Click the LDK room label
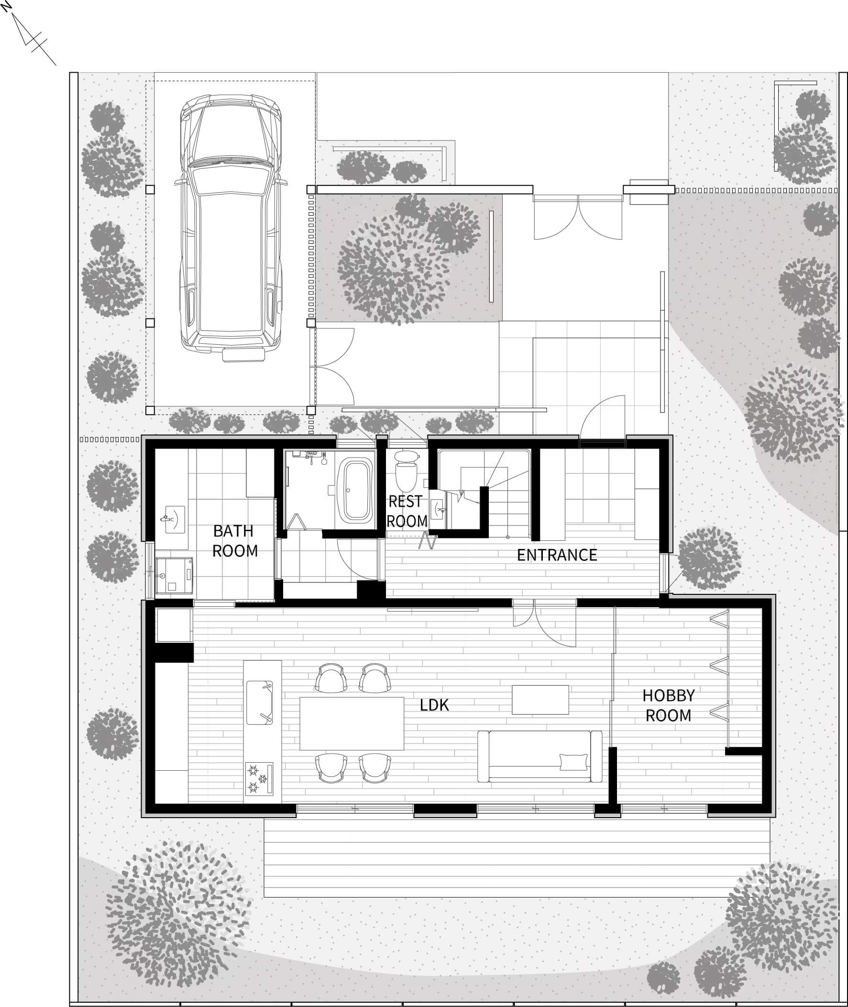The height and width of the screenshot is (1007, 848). point(434,705)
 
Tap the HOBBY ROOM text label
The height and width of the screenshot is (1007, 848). point(668,705)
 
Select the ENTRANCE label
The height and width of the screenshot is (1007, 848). point(557,555)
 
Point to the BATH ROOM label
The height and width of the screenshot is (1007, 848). point(234,541)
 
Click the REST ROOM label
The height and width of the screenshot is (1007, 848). point(407,512)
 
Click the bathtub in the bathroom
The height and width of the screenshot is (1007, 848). point(355,491)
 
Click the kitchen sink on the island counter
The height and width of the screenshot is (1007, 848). point(260,702)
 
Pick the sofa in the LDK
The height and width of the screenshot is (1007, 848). point(540,756)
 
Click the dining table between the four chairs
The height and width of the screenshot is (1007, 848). point(352,723)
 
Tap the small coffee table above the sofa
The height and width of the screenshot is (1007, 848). point(540,700)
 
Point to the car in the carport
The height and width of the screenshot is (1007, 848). point(231,227)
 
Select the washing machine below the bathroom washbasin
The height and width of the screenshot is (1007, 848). point(174,575)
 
